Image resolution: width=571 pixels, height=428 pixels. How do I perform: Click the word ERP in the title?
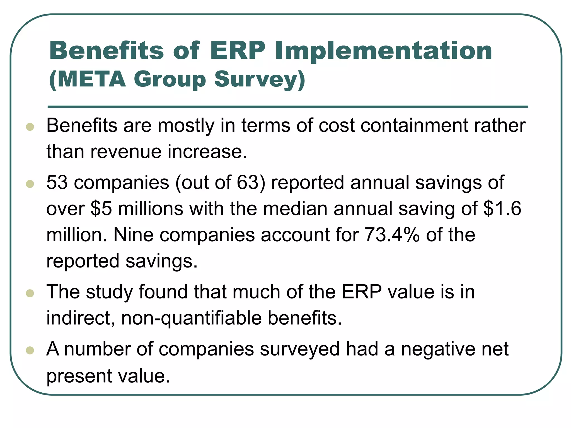(x=237, y=51)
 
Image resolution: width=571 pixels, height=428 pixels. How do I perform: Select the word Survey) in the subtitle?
(x=260, y=80)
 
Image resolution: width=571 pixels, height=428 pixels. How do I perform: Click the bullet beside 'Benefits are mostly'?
(x=30, y=127)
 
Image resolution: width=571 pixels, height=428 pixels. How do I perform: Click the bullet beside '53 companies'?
(x=30, y=184)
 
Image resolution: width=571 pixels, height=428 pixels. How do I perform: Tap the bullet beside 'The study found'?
(x=30, y=293)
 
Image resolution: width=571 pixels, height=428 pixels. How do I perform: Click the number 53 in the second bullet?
(x=57, y=183)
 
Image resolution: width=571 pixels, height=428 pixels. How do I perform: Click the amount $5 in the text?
(x=101, y=209)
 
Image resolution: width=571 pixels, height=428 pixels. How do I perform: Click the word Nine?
(x=133, y=235)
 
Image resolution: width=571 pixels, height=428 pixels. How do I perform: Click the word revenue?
(x=126, y=152)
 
